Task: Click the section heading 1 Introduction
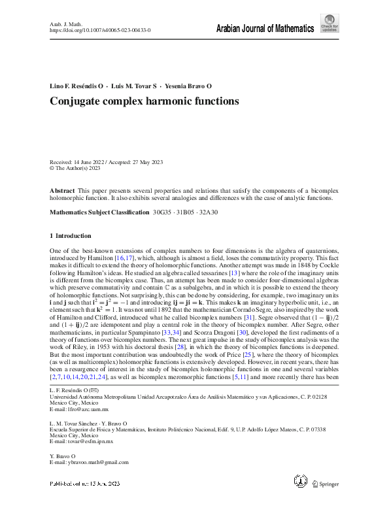tap(71, 235)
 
